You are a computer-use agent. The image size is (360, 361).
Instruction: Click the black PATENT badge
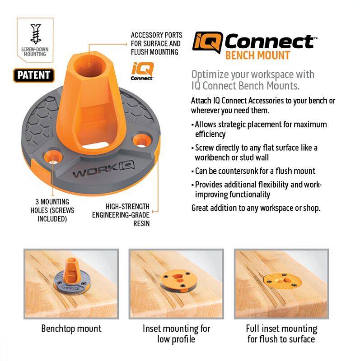(34, 75)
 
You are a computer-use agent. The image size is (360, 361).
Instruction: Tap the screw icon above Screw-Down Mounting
(36, 34)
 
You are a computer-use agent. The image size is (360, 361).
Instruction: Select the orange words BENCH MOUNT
(257, 56)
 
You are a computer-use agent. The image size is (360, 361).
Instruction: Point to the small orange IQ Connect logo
(142, 71)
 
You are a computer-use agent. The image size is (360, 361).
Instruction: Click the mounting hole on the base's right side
(142, 140)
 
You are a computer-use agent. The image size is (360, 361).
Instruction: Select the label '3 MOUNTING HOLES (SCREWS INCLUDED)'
(52, 210)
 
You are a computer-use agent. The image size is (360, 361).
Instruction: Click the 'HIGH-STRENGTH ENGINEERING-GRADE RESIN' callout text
(121, 215)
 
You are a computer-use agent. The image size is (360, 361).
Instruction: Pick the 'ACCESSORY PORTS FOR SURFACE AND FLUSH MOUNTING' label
(156, 43)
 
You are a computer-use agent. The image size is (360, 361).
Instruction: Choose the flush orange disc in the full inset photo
(282, 281)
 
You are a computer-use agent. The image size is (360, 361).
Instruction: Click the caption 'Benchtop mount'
(71, 329)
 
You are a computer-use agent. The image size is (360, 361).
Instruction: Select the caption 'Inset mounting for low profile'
(176, 334)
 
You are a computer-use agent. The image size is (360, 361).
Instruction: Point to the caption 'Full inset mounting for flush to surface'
(281, 334)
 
